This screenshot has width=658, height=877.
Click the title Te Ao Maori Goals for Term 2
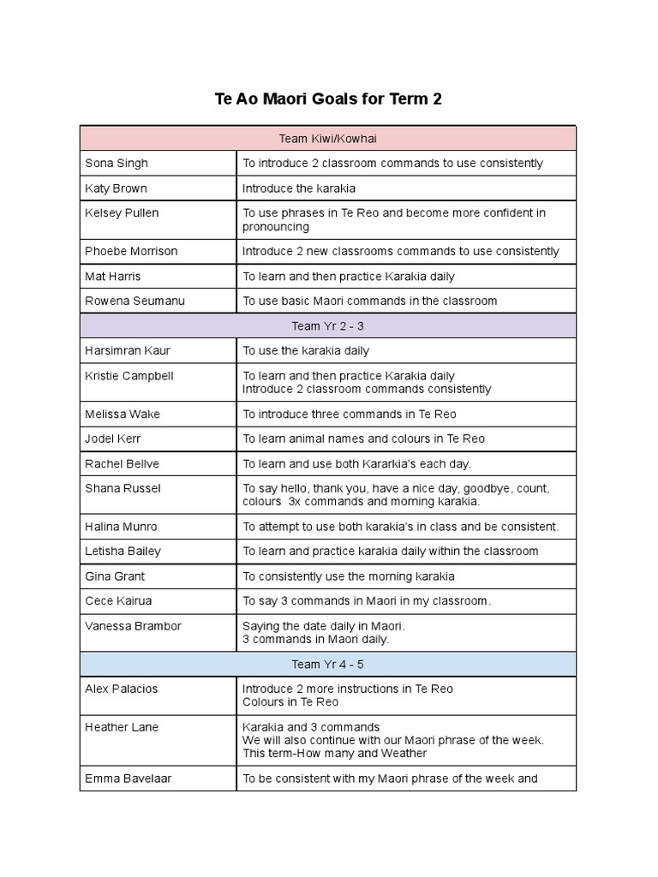coord(328,98)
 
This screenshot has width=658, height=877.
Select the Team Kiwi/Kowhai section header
coord(328,138)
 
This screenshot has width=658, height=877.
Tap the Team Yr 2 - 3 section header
coord(328,326)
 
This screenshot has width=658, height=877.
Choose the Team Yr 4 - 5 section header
coord(328,664)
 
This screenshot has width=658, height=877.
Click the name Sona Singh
coord(117,163)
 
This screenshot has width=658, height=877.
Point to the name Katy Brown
coord(117,188)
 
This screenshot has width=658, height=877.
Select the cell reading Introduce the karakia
coord(299,188)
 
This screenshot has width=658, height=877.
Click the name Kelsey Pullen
coord(122,212)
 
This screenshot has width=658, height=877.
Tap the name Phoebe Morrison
coord(131,251)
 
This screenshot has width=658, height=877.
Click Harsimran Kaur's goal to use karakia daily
coord(306,350)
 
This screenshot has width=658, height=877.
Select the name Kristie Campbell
coord(129,376)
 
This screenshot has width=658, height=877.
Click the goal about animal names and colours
coord(363,438)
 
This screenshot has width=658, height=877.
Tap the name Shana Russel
coord(123,488)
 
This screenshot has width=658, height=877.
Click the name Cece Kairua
coord(118,601)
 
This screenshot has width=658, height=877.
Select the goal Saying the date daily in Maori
coord(324,626)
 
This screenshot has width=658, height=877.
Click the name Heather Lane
coord(122,727)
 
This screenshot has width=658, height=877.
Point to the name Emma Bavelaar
coord(127,779)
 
